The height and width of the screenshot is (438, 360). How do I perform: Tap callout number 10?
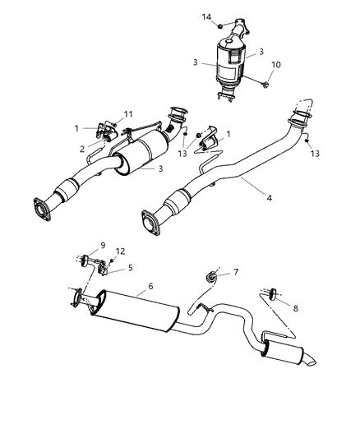click(x=276, y=63)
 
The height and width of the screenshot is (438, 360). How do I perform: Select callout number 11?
click(x=127, y=115)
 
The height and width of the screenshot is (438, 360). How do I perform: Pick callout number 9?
click(x=102, y=245)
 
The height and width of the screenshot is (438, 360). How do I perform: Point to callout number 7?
click(x=236, y=272)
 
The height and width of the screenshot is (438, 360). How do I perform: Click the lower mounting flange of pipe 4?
click(x=150, y=224)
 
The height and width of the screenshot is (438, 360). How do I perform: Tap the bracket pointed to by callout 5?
click(x=103, y=265)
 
